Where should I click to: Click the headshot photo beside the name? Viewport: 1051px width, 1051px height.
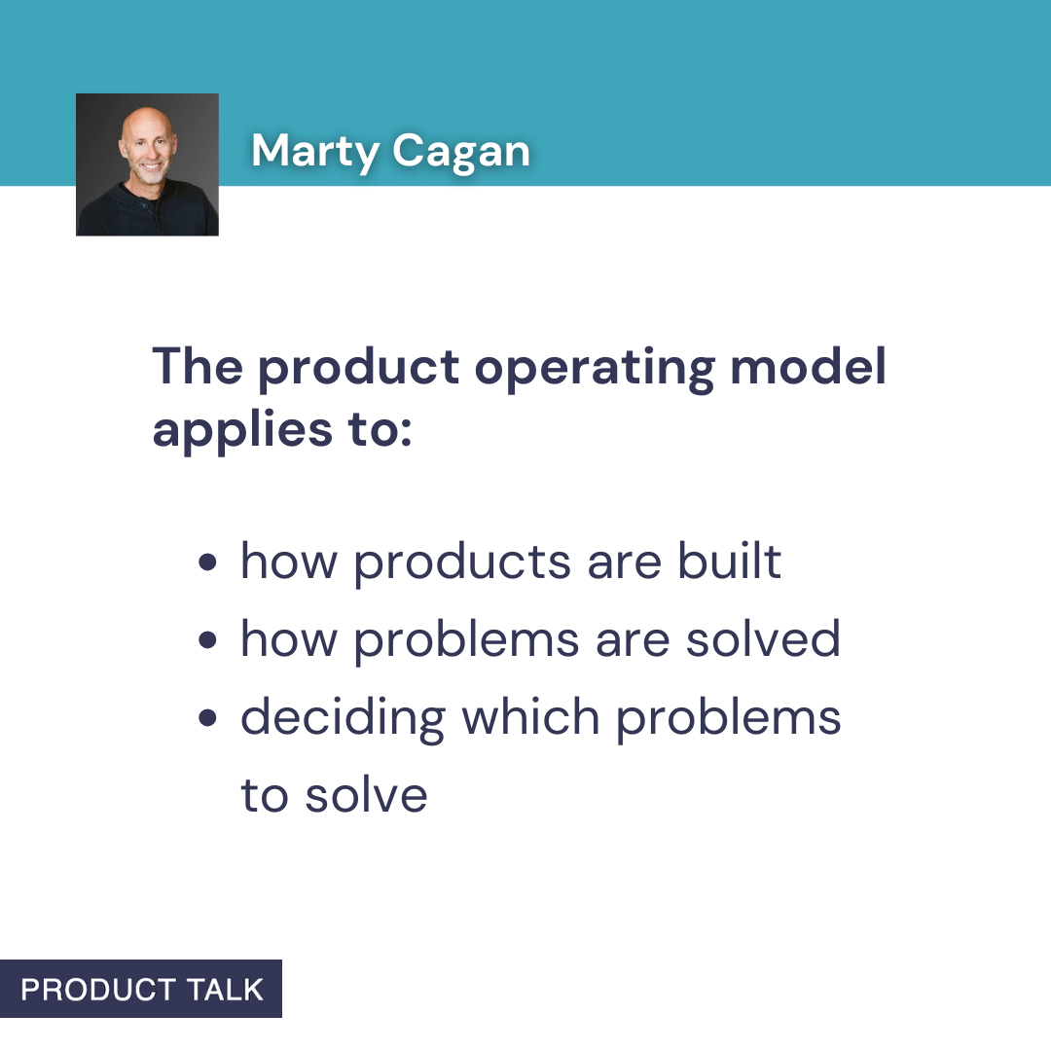pyautogui.click(x=147, y=164)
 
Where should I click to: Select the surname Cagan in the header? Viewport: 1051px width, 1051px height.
pyautogui.click(x=461, y=151)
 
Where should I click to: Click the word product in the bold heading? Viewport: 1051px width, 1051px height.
pyautogui.click(x=358, y=368)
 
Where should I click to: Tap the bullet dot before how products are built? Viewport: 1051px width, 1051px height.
pyautogui.click(x=207, y=563)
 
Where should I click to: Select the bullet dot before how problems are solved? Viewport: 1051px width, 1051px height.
pyautogui.click(x=207, y=641)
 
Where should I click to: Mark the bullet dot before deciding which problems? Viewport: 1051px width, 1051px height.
pyautogui.click(x=207, y=719)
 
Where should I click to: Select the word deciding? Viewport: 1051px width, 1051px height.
pyautogui.click(x=343, y=719)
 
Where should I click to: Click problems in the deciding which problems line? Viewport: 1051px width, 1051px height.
pyautogui.click(x=729, y=719)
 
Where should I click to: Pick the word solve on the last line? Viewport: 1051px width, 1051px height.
pyautogui.click(x=366, y=795)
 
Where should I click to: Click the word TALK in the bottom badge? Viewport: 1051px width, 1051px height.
pyautogui.click(x=227, y=990)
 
